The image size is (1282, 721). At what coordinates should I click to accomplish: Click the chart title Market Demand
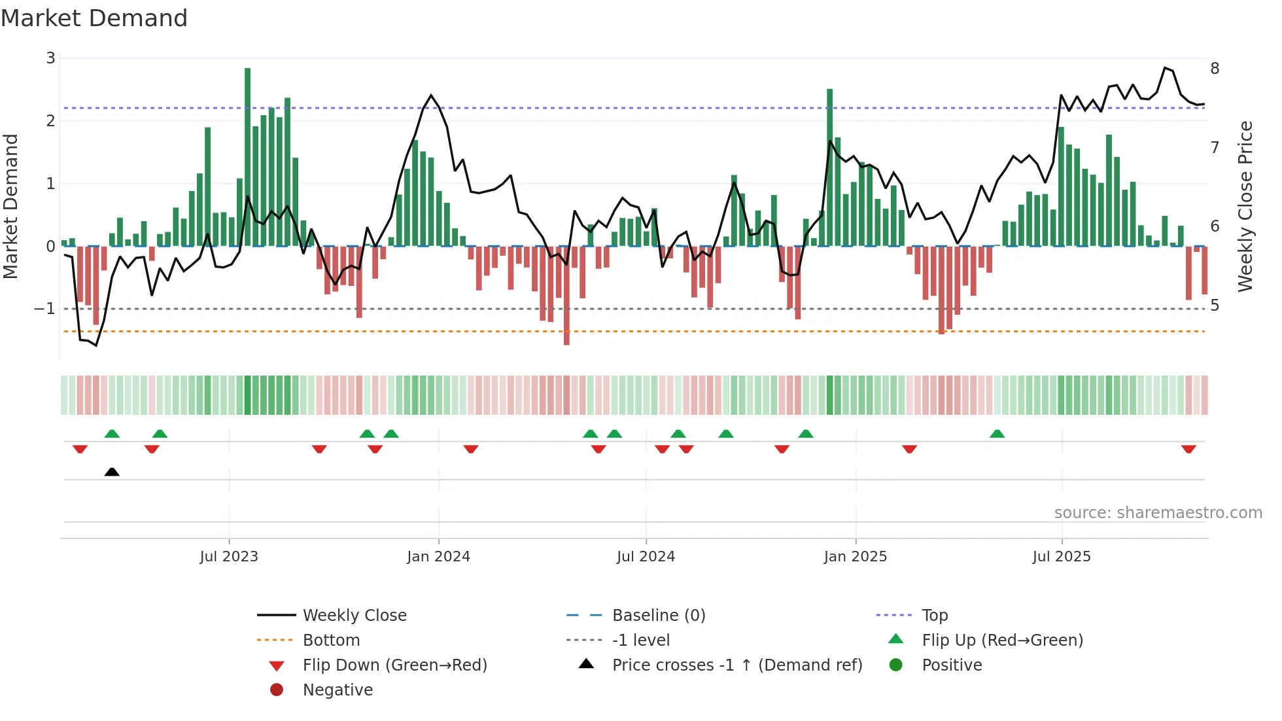(x=94, y=18)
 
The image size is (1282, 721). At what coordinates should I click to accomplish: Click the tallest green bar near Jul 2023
(x=247, y=157)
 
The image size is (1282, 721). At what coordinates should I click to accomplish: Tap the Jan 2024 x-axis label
(x=438, y=557)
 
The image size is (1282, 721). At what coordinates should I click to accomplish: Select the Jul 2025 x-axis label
(x=1062, y=557)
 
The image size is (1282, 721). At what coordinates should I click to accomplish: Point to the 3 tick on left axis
(x=50, y=58)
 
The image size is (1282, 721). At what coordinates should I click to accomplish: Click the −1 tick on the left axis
(x=45, y=309)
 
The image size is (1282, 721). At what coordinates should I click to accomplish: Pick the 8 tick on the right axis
(x=1215, y=69)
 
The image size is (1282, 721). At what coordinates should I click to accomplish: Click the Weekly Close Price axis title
(x=1245, y=206)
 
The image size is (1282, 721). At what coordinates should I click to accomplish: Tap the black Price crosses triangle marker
(x=112, y=472)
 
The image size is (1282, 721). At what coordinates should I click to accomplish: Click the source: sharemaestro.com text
(x=1158, y=513)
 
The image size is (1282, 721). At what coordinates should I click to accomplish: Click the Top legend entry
(x=934, y=616)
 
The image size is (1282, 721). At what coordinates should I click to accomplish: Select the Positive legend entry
(x=951, y=665)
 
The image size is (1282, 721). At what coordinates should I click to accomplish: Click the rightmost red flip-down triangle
(x=1188, y=449)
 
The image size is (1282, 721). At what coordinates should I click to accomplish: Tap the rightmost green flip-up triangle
(x=997, y=434)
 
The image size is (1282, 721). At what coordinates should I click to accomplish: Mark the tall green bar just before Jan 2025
(x=829, y=167)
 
